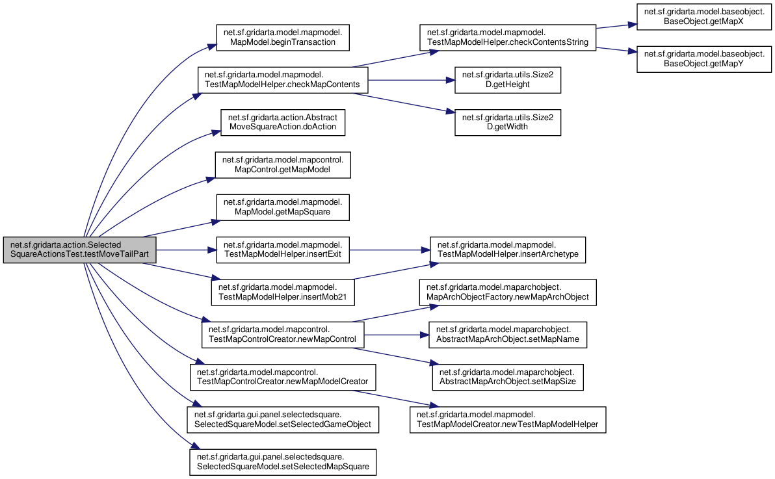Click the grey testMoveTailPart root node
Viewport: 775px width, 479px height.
(79, 250)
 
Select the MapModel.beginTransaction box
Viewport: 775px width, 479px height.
(283, 38)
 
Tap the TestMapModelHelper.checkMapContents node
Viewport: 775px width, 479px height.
(283, 79)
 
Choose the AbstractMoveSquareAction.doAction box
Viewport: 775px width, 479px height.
(283, 122)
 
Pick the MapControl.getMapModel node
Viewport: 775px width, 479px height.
(283, 164)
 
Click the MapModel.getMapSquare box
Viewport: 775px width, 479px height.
(283, 207)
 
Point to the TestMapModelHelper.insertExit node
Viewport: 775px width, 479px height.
(283, 250)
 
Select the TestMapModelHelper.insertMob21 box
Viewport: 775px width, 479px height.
(283, 292)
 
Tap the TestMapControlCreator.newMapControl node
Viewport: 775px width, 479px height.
(283, 335)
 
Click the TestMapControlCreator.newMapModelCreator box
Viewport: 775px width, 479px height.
(283, 377)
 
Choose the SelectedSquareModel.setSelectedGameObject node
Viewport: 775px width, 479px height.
(283, 420)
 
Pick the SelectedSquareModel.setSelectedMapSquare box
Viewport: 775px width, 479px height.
(283, 462)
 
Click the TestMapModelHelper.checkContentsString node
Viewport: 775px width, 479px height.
(508, 38)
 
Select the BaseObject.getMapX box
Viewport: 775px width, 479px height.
(704, 17)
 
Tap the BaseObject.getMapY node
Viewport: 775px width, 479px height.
(704, 59)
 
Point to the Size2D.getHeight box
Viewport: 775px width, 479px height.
(508, 79)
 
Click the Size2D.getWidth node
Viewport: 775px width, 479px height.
(508, 122)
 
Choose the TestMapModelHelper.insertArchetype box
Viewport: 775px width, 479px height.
(508, 250)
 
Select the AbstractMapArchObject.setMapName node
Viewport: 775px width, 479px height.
(508, 335)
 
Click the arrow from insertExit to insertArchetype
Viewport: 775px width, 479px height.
(389, 250)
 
